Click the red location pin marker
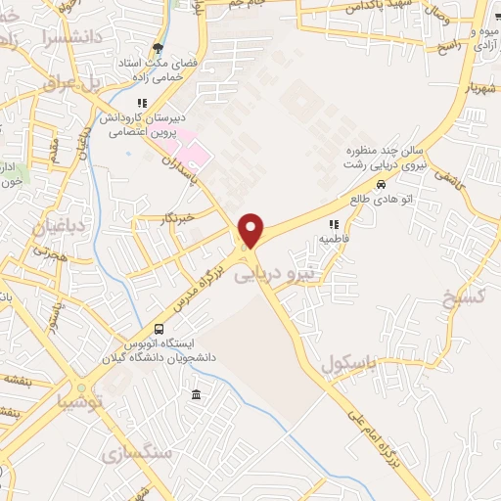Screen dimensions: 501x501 click(251, 231)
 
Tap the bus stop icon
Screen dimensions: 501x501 click(159, 328)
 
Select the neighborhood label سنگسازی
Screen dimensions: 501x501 click(136, 453)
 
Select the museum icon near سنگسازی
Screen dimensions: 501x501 click(197, 395)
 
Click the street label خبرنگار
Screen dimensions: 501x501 click(177, 217)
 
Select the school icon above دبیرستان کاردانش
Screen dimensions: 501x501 click(142, 102)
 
